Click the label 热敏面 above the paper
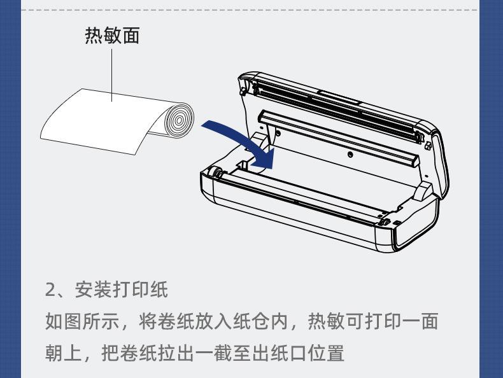coord(112,36)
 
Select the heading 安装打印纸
coord(121,290)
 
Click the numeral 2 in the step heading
coord(50,290)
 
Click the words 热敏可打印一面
coord(373,321)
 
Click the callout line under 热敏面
coord(112,73)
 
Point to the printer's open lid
coord(337,105)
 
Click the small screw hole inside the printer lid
coord(350,155)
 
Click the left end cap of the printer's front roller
coord(216,172)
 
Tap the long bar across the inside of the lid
coord(337,134)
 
